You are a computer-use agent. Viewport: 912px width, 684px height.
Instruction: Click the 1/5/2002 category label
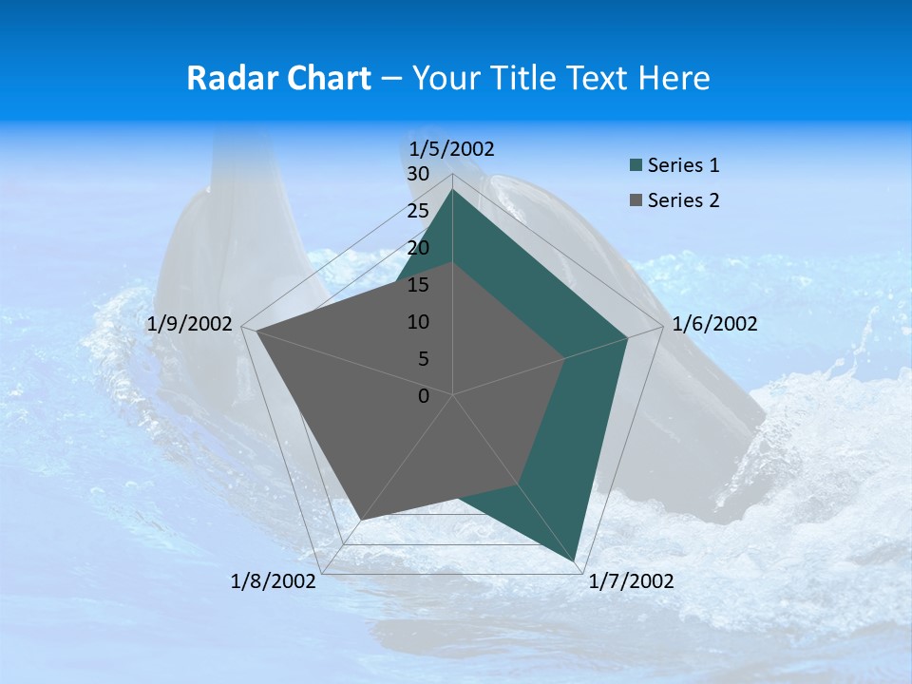coord(451,148)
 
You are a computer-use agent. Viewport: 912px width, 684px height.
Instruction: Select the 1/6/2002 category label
coord(714,324)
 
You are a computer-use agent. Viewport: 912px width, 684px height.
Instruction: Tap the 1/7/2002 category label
coord(631,581)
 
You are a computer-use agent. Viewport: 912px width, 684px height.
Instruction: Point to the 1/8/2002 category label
coord(274,581)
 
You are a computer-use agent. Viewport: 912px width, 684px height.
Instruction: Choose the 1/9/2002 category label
coord(190,324)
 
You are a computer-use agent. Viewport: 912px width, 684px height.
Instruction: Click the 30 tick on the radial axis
coord(418,174)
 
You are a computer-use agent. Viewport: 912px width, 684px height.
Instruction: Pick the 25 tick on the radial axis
coord(418,211)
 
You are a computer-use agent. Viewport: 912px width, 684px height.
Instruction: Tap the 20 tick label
coord(418,248)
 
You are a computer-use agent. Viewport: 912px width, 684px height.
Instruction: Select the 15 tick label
coord(418,285)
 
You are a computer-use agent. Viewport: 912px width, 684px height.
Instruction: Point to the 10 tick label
coord(418,322)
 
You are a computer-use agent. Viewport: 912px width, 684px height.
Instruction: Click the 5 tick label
coord(423,359)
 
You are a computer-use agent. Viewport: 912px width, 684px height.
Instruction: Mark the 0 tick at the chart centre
coord(424,396)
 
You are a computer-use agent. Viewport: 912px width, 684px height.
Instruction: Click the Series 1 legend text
coord(683,165)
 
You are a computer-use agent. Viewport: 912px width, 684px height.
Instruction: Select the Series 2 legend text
coord(683,200)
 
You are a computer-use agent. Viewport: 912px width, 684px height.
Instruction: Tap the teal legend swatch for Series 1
coord(636,166)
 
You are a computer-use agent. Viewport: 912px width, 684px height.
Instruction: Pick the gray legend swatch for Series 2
coord(636,200)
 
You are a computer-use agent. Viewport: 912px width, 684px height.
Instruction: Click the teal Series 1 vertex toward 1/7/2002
coord(577,560)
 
